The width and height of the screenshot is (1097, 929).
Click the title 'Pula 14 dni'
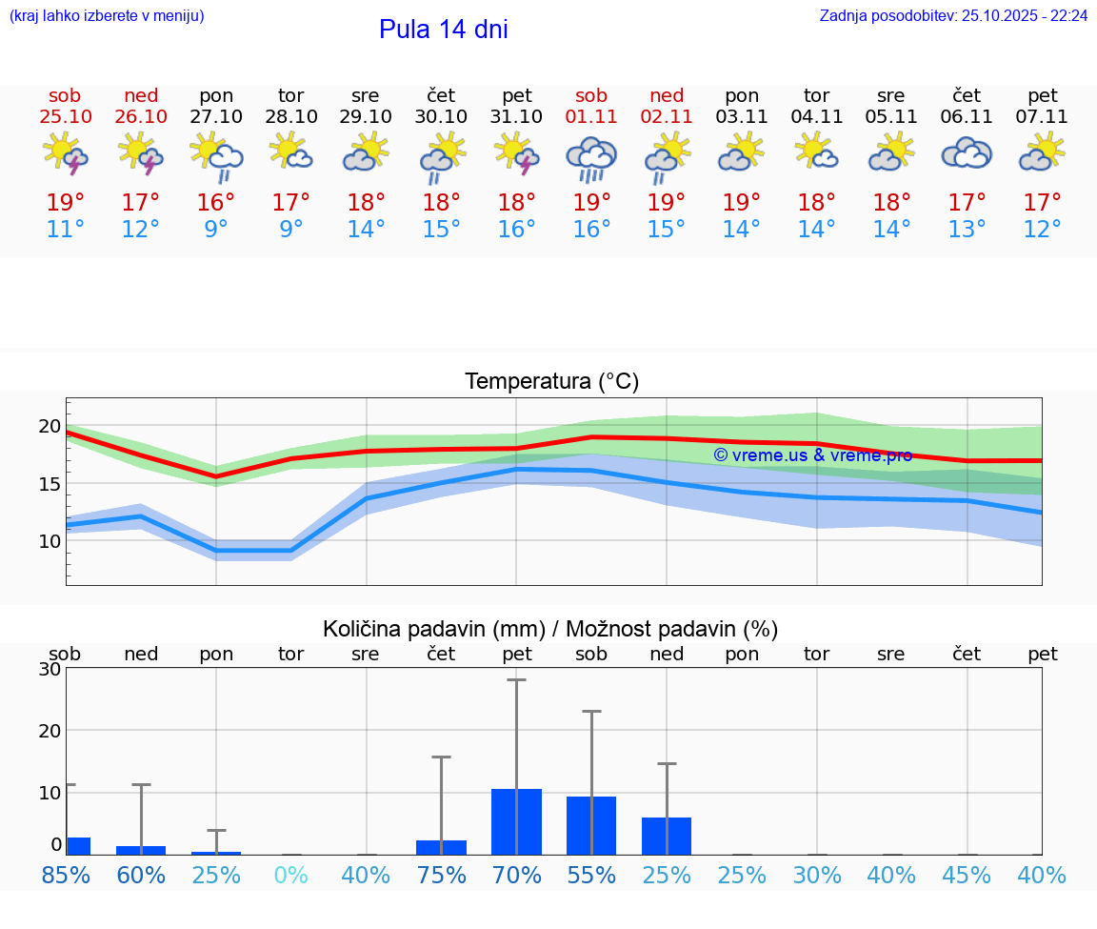click(x=443, y=30)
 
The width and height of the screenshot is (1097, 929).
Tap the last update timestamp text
click(x=953, y=15)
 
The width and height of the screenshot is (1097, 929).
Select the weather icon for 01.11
click(x=591, y=158)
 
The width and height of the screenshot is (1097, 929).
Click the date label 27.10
click(x=216, y=117)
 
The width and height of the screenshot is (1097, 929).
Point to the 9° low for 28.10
click(x=291, y=230)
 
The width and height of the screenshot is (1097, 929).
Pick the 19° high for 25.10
click(x=65, y=203)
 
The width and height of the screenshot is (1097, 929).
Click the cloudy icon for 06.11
click(x=967, y=153)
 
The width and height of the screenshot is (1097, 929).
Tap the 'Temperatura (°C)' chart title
click(x=551, y=382)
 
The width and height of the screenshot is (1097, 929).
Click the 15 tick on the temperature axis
click(x=50, y=484)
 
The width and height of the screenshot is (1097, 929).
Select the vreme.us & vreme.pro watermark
click(x=812, y=455)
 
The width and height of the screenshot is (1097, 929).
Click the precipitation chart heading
click(x=550, y=629)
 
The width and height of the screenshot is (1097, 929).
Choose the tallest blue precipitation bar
click(x=516, y=821)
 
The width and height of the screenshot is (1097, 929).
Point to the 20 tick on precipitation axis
click(x=50, y=731)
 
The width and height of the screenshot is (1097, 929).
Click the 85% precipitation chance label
click(x=66, y=875)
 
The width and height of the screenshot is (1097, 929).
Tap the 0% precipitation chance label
click(x=291, y=875)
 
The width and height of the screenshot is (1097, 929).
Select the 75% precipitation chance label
click(x=441, y=875)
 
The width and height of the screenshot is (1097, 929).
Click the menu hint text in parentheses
click(x=107, y=15)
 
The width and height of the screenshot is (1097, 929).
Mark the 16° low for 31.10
click(x=516, y=230)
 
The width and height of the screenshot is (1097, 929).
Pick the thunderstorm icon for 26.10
click(x=140, y=154)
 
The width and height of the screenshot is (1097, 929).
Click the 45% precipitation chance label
click(x=967, y=875)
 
